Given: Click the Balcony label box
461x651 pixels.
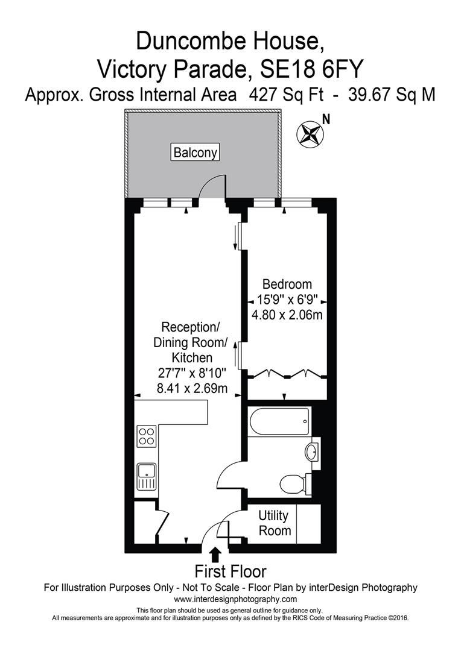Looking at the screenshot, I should point(195,153).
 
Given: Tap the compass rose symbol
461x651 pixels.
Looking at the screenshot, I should point(310,133).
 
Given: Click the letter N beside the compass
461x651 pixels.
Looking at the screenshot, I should point(326,119).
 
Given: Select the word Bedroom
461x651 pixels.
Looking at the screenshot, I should point(287,284).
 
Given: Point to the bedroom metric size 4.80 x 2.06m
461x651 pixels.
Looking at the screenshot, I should point(287,315).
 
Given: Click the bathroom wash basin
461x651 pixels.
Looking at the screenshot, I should point(313,452).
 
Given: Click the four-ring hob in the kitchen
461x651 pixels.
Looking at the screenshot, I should point(147,435).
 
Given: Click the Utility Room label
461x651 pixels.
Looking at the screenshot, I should point(274,523).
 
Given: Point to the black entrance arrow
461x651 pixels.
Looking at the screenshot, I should point(215,555).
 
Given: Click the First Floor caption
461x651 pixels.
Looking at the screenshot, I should point(230,571).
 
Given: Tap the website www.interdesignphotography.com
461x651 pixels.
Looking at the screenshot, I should point(235,599).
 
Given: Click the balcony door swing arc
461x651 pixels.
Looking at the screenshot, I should point(211,186).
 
